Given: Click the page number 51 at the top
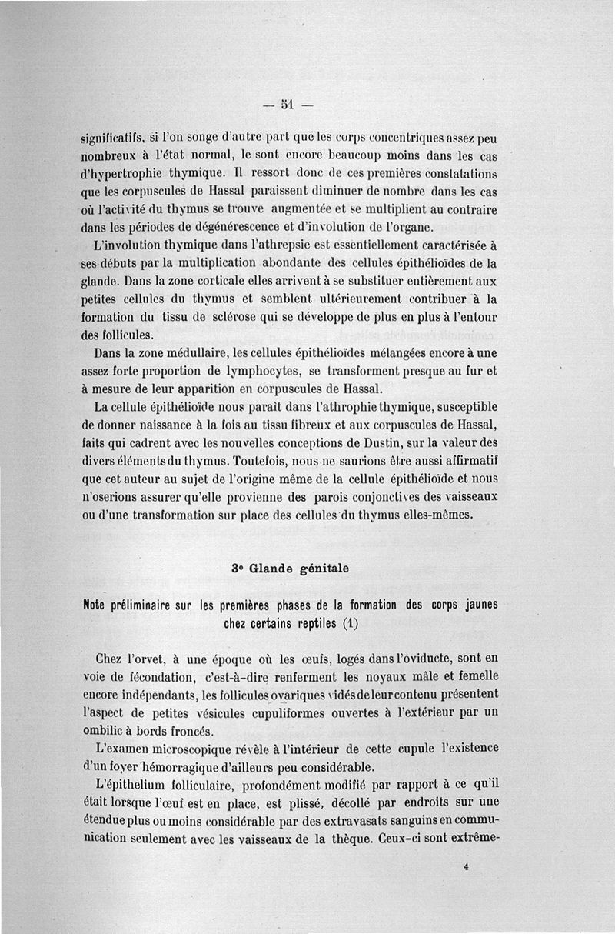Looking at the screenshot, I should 286,104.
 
